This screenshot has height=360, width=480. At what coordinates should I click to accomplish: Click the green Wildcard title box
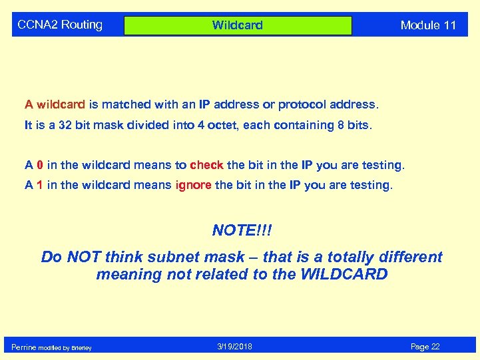pyautogui.click(x=238, y=25)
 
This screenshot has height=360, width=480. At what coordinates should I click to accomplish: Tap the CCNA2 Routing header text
pyautogui.click(x=60, y=25)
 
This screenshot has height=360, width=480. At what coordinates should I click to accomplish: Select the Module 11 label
pyautogui.click(x=428, y=25)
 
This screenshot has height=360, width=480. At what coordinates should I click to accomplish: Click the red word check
pyautogui.click(x=206, y=165)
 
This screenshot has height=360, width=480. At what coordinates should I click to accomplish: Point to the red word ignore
pyautogui.click(x=193, y=185)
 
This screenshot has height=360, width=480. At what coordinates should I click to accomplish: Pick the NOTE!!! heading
pyautogui.click(x=242, y=230)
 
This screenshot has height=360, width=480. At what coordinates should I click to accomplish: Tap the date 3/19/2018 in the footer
pyautogui.click(x=234, y=347)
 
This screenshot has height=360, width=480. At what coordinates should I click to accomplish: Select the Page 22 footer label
pyautogui.click(x=425, y=347)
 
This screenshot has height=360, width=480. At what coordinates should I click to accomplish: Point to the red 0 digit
pyautogui.click(x=40, y=165)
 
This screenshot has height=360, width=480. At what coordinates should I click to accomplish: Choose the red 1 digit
pyautogui.click(x=40, y=185)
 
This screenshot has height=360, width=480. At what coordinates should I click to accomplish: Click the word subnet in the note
pyautogui.click(x=183, y=257)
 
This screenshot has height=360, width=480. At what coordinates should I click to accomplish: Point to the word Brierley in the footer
pyautogui.click(x=81, y=348)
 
